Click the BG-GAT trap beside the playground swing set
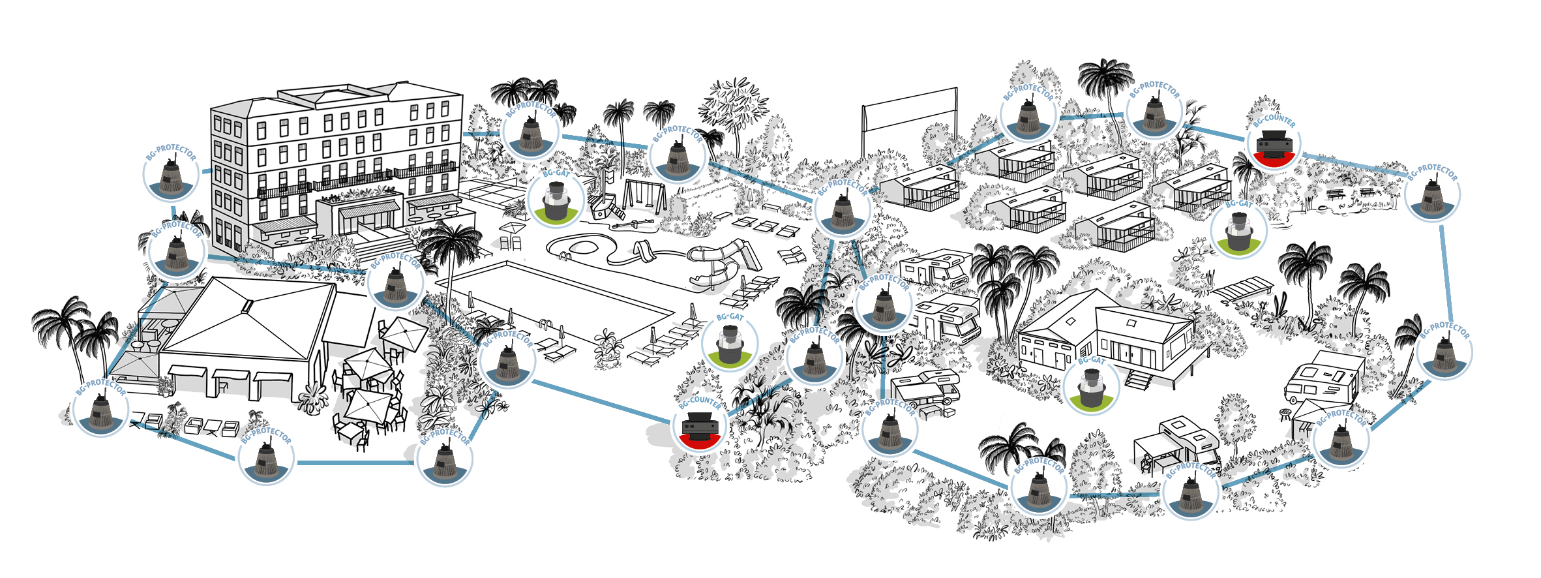556,200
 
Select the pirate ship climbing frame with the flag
606,199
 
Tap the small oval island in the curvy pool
584,248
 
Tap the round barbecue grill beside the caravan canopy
1285,414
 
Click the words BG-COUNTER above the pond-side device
1274,120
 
